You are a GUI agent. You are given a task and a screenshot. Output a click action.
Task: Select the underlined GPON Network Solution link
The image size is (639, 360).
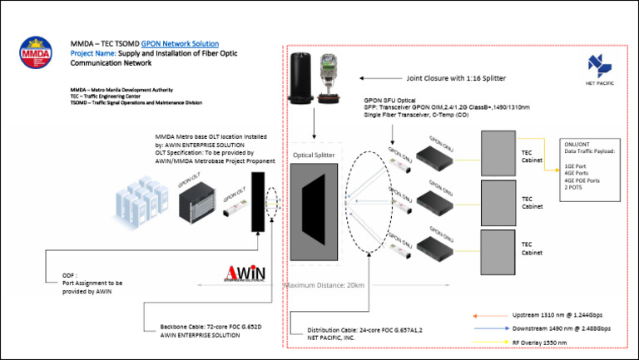point(181,43)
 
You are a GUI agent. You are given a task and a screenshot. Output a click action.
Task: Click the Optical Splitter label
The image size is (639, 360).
point(313,155)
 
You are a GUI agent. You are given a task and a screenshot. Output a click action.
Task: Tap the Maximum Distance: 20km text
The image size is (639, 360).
point(324,286)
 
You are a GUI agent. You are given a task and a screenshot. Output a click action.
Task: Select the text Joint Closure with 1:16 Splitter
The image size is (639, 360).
point(456,78)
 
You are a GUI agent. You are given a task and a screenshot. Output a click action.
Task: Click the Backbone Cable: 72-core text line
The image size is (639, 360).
point(206,326)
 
